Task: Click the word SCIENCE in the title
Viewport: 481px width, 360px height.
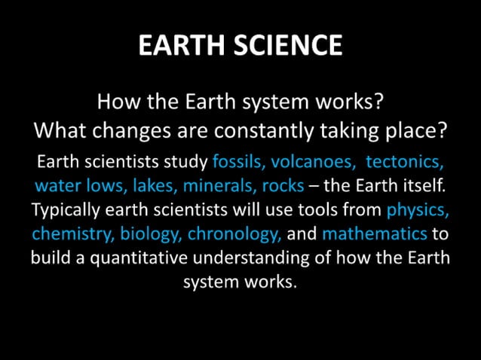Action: (290, 46)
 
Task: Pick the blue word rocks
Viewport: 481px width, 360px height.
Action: (283, 185)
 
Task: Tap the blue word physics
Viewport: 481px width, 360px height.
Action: (418, 209)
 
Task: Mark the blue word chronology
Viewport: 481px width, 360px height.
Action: (234, 233)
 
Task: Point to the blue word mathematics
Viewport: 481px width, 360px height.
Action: (375, 233)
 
